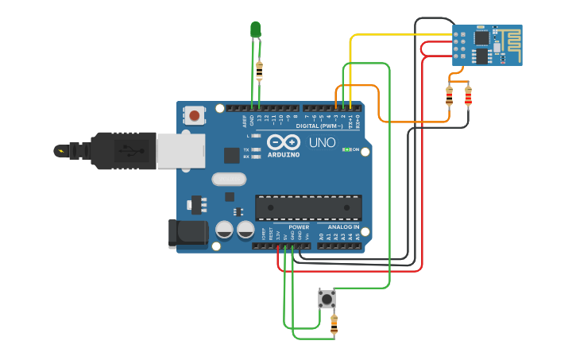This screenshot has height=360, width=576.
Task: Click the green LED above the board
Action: [x=255, y=29]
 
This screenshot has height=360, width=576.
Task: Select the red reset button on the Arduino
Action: [x=195, y=116]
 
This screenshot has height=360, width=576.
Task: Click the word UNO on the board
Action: [x=322, y=143]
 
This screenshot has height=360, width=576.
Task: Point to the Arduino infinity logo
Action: [x=284, y=141]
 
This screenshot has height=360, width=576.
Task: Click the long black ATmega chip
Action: [x=308, y=207]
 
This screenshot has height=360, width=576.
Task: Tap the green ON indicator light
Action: [x=346, y=149]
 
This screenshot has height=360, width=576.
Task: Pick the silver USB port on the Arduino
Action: [x=180, y=151]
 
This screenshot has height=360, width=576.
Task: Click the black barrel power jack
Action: [x=187, y=234]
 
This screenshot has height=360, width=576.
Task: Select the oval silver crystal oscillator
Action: [x=230, y=180]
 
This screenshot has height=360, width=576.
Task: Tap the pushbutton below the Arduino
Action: [x=327, y=298]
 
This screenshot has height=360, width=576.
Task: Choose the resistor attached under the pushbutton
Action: [x=334, y=324]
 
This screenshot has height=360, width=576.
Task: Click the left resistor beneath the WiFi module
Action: [x=450, y=96]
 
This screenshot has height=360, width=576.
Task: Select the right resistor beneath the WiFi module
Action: [x=468, y=96]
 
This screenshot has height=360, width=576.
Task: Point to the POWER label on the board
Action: [x=299, y=226]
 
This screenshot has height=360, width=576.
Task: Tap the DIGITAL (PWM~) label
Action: [x=319, y=126]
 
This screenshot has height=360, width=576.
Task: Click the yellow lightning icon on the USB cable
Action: [x=60, y=150]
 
